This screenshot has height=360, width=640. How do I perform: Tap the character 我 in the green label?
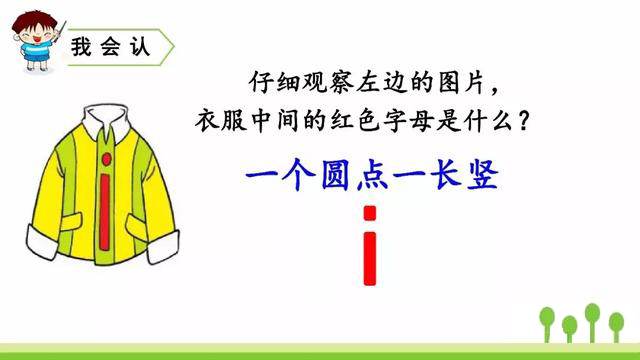click(x=84, y=47)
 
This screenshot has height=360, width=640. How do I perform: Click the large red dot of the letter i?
click(x=370, y=212)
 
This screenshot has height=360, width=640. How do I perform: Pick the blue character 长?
click(x=442, y=176)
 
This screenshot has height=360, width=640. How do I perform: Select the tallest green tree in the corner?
click(x=592, y=317)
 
